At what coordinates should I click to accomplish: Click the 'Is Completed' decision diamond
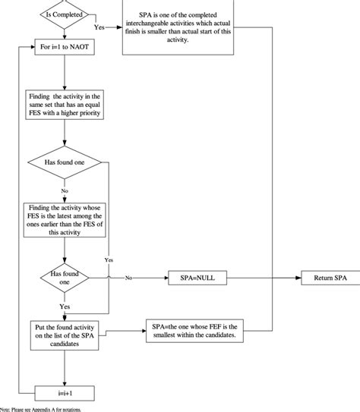(66, 13)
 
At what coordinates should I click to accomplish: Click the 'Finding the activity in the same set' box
(66, 104)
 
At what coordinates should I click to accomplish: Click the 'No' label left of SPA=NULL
(129, 278)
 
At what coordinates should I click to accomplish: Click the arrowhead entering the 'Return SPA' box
(300, 278)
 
